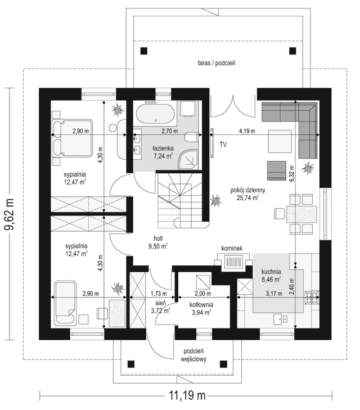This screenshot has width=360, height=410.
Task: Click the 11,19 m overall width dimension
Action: pos(187,395)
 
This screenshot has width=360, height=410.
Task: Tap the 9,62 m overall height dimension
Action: pos(10,214)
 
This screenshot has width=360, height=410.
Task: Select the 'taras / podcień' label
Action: pos(217,63)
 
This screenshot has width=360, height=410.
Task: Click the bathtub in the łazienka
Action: pos(155,114)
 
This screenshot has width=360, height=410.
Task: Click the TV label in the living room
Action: pos(223,144)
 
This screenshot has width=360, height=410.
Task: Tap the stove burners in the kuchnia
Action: pos(312,298)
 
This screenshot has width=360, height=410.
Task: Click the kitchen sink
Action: pos(281,319)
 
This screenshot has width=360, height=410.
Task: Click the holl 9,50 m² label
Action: pos(158,242)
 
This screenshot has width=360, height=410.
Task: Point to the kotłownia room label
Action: pos(201,305)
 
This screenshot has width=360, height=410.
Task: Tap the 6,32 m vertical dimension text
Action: pos(292,173)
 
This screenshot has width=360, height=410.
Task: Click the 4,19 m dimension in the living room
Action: pos(247,131)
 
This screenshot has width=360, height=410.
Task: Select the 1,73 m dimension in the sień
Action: pos(159,294)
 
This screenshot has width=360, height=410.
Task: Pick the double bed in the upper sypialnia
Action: pos(73,138)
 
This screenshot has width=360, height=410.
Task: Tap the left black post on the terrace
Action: pos(143,51)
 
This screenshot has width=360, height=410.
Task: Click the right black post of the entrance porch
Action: pos(223,364)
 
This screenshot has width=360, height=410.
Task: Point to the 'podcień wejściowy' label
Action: pos(193,355)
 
